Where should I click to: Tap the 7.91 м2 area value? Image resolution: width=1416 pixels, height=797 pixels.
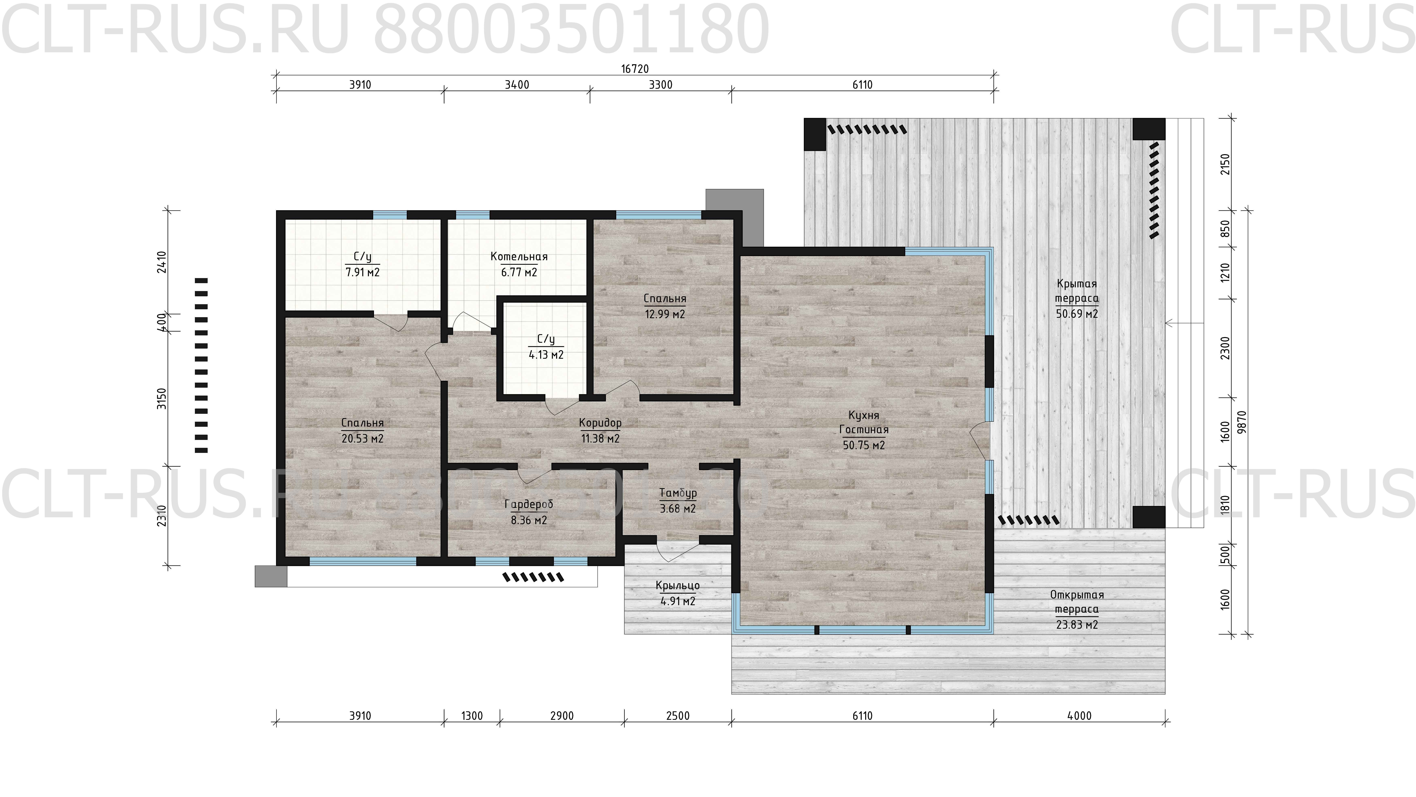click(362, 272)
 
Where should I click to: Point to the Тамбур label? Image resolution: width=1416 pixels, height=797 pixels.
click(678, 493)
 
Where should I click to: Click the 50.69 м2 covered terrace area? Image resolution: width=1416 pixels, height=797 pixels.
click(1077, 314)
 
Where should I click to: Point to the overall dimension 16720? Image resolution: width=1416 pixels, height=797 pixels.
click(635, 69)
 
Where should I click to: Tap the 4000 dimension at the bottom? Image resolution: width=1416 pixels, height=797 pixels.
click(1079, 716)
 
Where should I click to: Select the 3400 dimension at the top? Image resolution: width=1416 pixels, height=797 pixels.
click(517, 85)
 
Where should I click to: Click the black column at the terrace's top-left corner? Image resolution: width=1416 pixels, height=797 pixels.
click(815, 134)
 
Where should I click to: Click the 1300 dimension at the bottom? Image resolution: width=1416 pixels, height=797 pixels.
click(472, 716)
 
